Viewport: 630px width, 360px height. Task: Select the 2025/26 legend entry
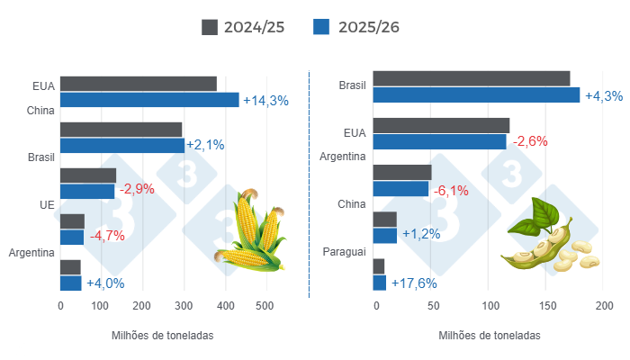(355, 27)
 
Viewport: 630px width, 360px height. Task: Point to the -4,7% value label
(106, 237)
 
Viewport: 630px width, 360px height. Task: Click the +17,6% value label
(412, 283)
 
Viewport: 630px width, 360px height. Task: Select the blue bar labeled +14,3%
(149, 100)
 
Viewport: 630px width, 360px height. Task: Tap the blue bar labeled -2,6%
(439, 141)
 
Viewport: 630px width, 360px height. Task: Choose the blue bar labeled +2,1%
(121, 145)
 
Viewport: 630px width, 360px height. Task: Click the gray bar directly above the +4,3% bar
(471, 78)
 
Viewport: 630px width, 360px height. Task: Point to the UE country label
(47, 205)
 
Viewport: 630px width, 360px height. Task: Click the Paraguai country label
(344, 251)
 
